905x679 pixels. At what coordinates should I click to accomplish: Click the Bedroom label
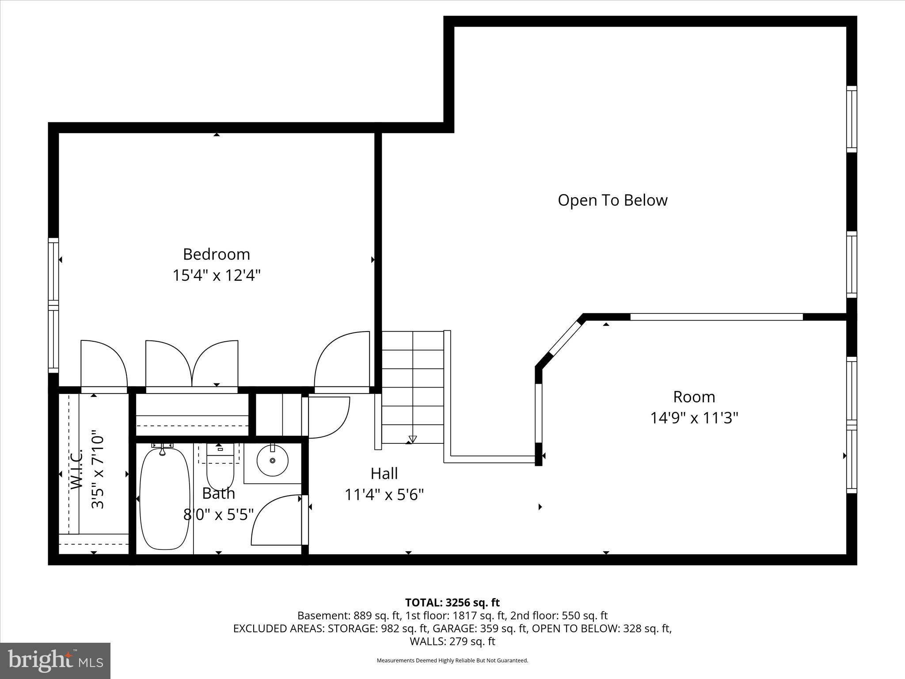coord(217,254)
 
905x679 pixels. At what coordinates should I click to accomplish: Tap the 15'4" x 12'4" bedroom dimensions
coord(217,275)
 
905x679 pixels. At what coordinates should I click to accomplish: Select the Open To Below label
coord(612,200)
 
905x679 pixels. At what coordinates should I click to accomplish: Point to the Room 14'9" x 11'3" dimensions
coord(694,418)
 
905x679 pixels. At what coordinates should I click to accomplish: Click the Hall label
coord(384,473)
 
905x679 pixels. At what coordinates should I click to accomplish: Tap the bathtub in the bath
coord(164,499)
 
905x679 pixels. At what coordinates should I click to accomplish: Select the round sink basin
coord(272,460)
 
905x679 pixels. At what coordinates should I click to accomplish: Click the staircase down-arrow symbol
coord(412,439)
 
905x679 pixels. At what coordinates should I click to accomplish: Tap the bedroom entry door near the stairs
coord(342,362)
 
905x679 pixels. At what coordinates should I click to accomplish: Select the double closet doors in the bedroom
coord(192,365)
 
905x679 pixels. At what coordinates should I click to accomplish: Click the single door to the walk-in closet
coord(104,365)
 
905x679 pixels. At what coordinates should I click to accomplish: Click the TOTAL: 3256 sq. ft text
coord(452,603)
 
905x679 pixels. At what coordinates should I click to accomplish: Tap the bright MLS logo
coord(55,660)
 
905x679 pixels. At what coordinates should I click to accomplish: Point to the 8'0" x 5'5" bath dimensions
coord(218,515)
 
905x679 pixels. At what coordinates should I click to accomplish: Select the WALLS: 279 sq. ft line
coord(452,641)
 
